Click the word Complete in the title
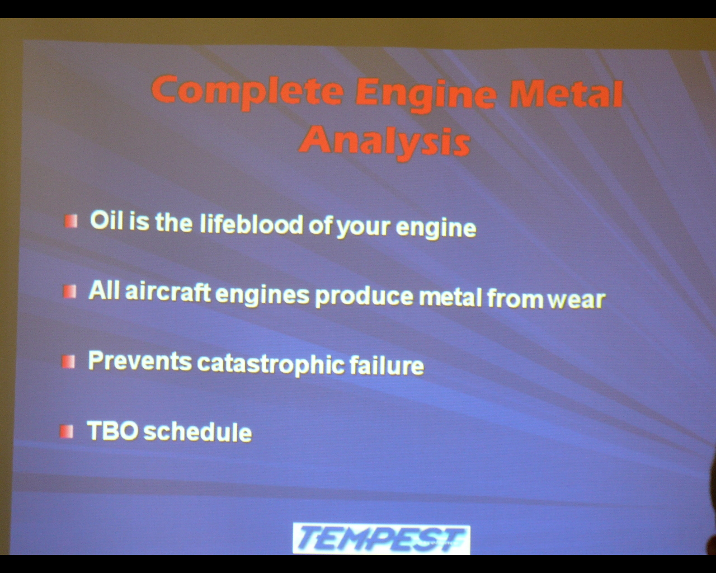(x=247, y=92)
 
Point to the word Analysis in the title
(x=385, y=143)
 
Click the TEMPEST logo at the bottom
(x=381, y=539)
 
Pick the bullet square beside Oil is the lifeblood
(x=71, y=221)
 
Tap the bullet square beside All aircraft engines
(x=69, y=292)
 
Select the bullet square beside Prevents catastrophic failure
(x=68, y=361)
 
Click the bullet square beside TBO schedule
(x=67, y=431)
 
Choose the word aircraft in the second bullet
(x=168, y=291)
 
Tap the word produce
(x=364, y=296)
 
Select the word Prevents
(x=140, y=361)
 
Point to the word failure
(x=387, y=365)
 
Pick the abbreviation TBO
(x=112, y=430)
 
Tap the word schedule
(x=197, y=432)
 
